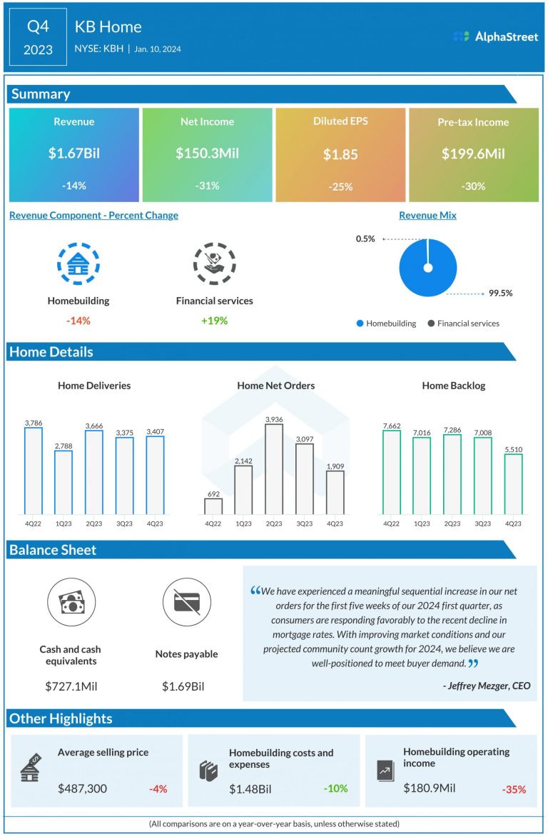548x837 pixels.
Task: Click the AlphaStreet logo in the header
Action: (x=495, y=36)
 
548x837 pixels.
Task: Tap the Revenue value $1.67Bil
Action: (x=74, y=154)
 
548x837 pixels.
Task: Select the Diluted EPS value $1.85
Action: (x=340, y=154)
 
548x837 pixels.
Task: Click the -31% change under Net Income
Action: (x=207, y=186)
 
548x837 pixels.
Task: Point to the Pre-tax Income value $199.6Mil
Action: (x=473, y=154)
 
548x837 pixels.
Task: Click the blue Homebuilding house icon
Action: (x=74, y=264)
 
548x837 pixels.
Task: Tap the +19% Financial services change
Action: (x=214, y=321)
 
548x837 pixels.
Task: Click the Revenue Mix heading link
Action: (x=427, y=215)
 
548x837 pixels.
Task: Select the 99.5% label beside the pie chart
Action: (x=501, y=293)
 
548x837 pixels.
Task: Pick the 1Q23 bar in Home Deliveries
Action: (x=64, y=482)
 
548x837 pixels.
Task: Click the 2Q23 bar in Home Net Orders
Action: (x=274, y=469)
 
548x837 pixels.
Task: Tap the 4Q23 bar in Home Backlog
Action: (x=513, y=484)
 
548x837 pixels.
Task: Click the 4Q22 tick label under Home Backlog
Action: (x=392, y=523)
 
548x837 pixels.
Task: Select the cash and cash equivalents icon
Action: (x=71, y=602)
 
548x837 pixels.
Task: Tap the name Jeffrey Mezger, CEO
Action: (x=487, y=686)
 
